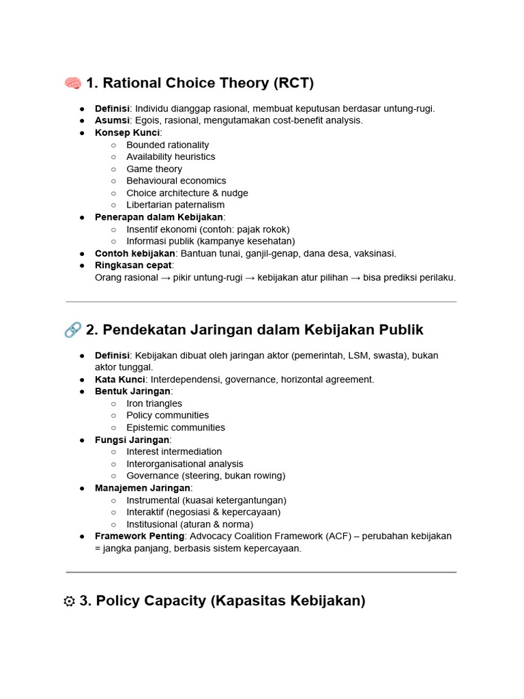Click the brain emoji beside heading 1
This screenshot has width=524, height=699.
click(x=72, y=83)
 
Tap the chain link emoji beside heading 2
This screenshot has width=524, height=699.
click(x=72, y=330)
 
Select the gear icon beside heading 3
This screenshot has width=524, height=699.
click(x=69, y=601)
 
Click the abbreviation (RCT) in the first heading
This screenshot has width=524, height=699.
click(x=293, y=83)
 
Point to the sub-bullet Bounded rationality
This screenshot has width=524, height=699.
click(x=167, y=145)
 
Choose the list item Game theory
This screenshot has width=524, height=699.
click(x=154, y=169)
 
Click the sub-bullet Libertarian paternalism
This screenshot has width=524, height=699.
click(x=175, y=205)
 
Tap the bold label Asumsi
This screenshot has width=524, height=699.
click(x=112, y=120)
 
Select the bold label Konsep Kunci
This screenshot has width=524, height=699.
click(x=127, y=132)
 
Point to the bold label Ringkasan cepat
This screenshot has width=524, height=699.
click(x=134, y=265)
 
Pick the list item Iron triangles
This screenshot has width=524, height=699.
click(x=154, y=403)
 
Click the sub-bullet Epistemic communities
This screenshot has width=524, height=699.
click(x=175, y=427)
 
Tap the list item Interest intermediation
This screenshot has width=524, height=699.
click(x=174, y=451)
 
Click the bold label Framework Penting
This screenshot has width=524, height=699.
click(x=139, y=536)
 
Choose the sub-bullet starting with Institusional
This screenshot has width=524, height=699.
click(x=190, y=524)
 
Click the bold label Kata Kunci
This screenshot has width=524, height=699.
click(x=119, y=380)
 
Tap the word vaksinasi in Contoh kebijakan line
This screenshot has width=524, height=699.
click(x=373, y=253)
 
